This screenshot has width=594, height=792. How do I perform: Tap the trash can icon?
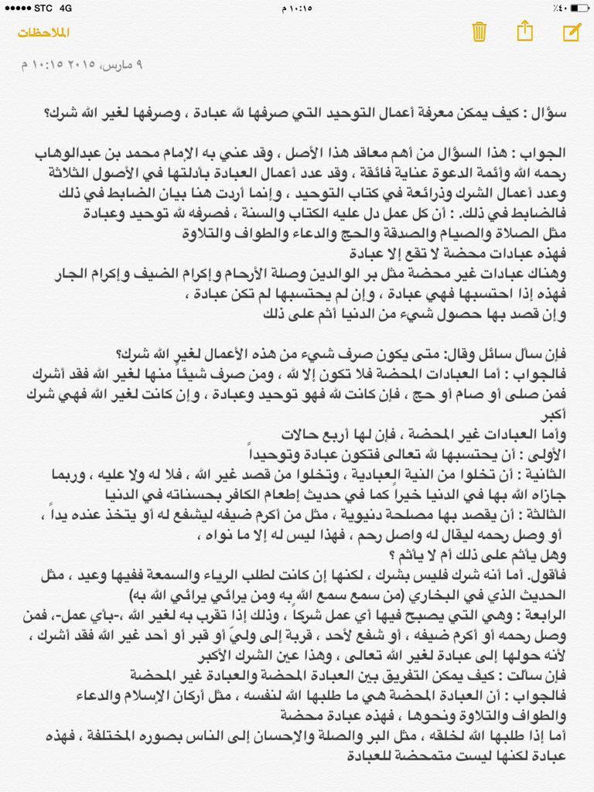click(479, 32)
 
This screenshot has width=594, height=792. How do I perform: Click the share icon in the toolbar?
click(524, 31)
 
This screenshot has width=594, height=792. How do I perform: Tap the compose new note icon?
click(571, 32)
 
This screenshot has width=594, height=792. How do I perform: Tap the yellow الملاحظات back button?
click(44, 32)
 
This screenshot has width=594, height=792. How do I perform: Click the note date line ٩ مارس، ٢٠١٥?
click(83, 65)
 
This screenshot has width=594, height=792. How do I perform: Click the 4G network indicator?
click(65, 8)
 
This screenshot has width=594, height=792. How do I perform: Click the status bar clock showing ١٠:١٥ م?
click(296, 8)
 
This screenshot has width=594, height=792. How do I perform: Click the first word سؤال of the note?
click(551, 113)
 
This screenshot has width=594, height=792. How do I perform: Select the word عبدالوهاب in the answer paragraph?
click(67, 153)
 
